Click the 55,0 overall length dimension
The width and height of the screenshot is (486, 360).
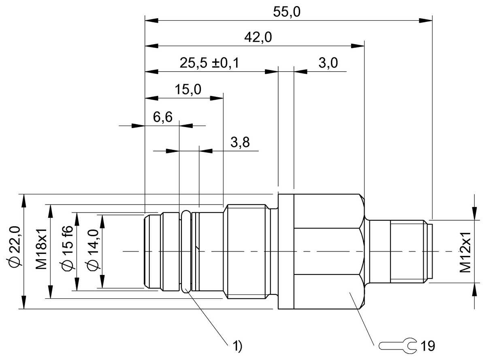tap(286, 13)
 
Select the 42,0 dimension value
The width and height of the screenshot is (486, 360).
tap(258, 38)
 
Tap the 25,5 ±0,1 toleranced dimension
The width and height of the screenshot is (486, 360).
tap(209, 63)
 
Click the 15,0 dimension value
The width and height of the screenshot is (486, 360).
tap(188, 89)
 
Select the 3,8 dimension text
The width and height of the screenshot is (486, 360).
tap(239, 143)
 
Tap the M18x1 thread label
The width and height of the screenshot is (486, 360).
tap(41, 251)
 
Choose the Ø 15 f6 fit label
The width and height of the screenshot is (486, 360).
tap(68, 251)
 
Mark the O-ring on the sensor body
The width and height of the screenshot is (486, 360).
tap(185, 251)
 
